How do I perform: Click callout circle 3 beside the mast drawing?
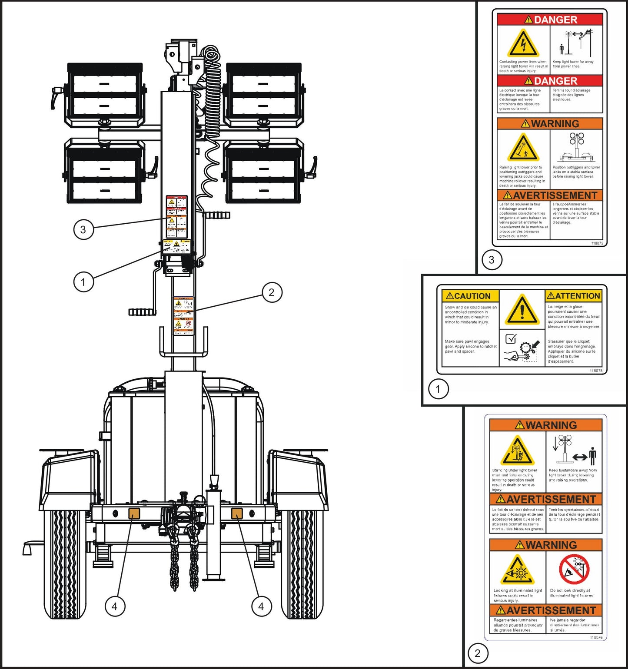click(x=83, y=229)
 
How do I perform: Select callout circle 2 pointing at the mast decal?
click(x=272, y=292)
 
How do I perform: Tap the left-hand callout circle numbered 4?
click(x=114, y=606)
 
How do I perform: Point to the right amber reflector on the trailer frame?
click(x=236, y=513)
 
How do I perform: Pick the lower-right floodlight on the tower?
click(x=262, y=174)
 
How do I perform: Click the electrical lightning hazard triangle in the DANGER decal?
click(x=523, y=43)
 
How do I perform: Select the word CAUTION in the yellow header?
click(x=468, y=296)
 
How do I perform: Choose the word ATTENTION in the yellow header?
click(x=574, y=296)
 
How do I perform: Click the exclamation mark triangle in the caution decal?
click(x=522, y=310)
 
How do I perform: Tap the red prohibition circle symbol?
click(x=574, y=570)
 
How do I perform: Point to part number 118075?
click(x=597, y=243)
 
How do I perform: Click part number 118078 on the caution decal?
click(x=595, y=371)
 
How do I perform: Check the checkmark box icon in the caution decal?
click(x=511, y=339)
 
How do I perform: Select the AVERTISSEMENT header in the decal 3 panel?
click(x=550, y=195)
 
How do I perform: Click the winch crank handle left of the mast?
click(x=143, y=311)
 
